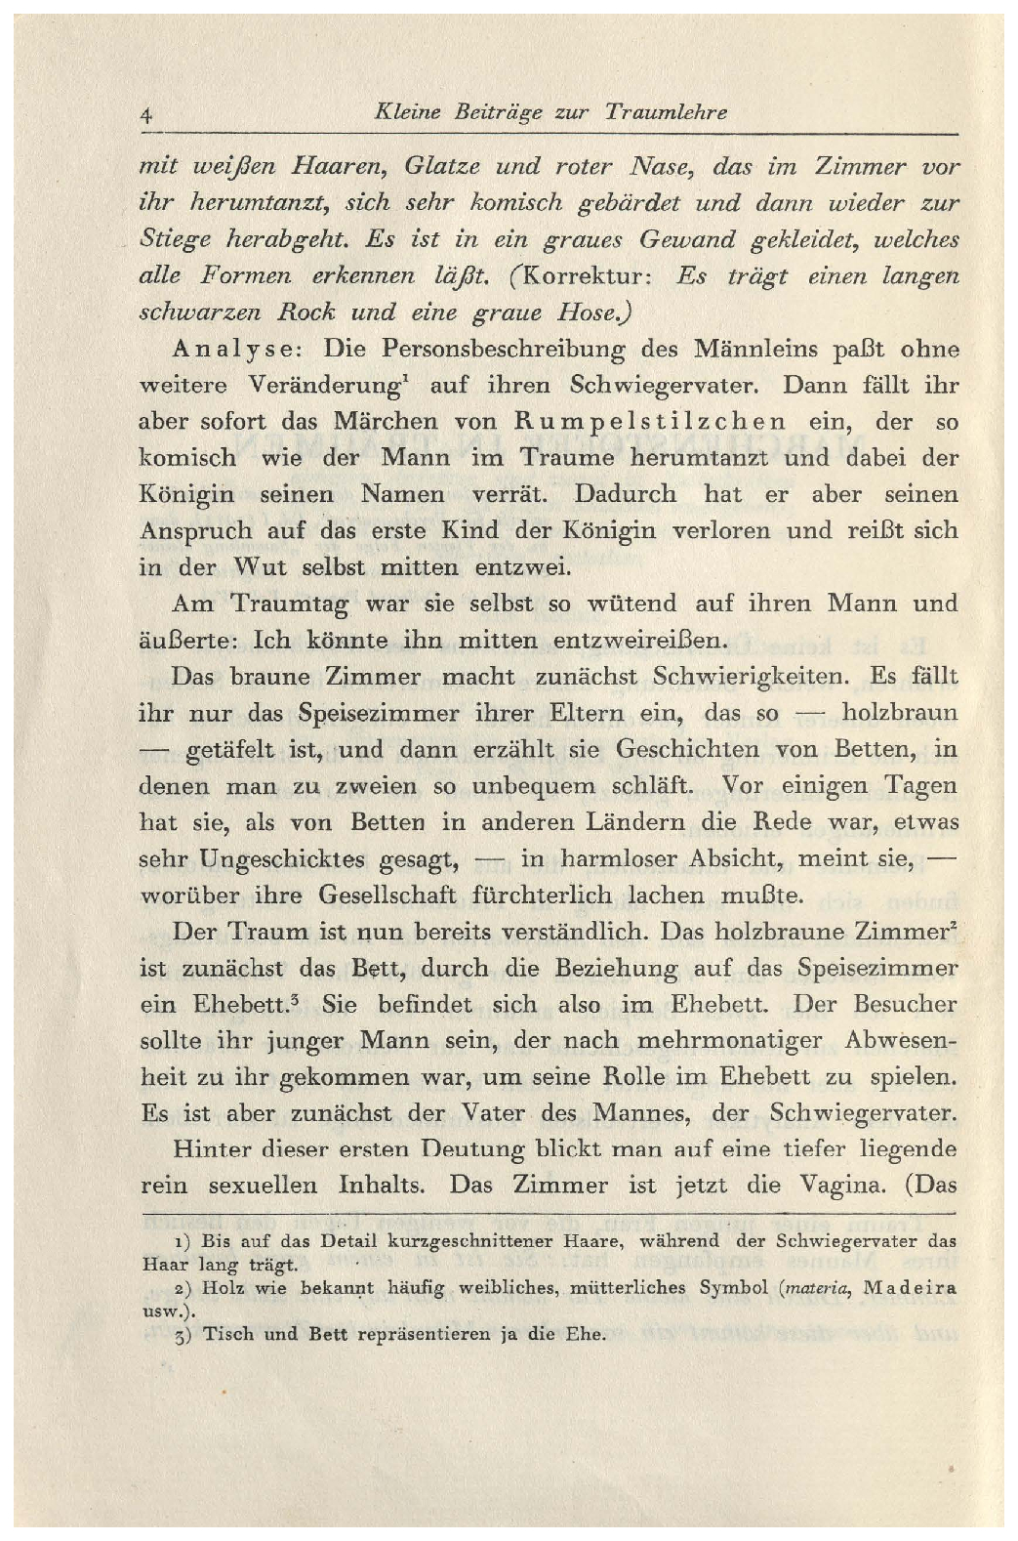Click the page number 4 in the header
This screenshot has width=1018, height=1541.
pos(145,114)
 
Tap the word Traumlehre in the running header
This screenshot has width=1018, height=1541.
pos(666,112)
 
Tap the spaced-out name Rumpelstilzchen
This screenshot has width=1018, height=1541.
pos(649,422)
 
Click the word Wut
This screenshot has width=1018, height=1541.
pos(261,567)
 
